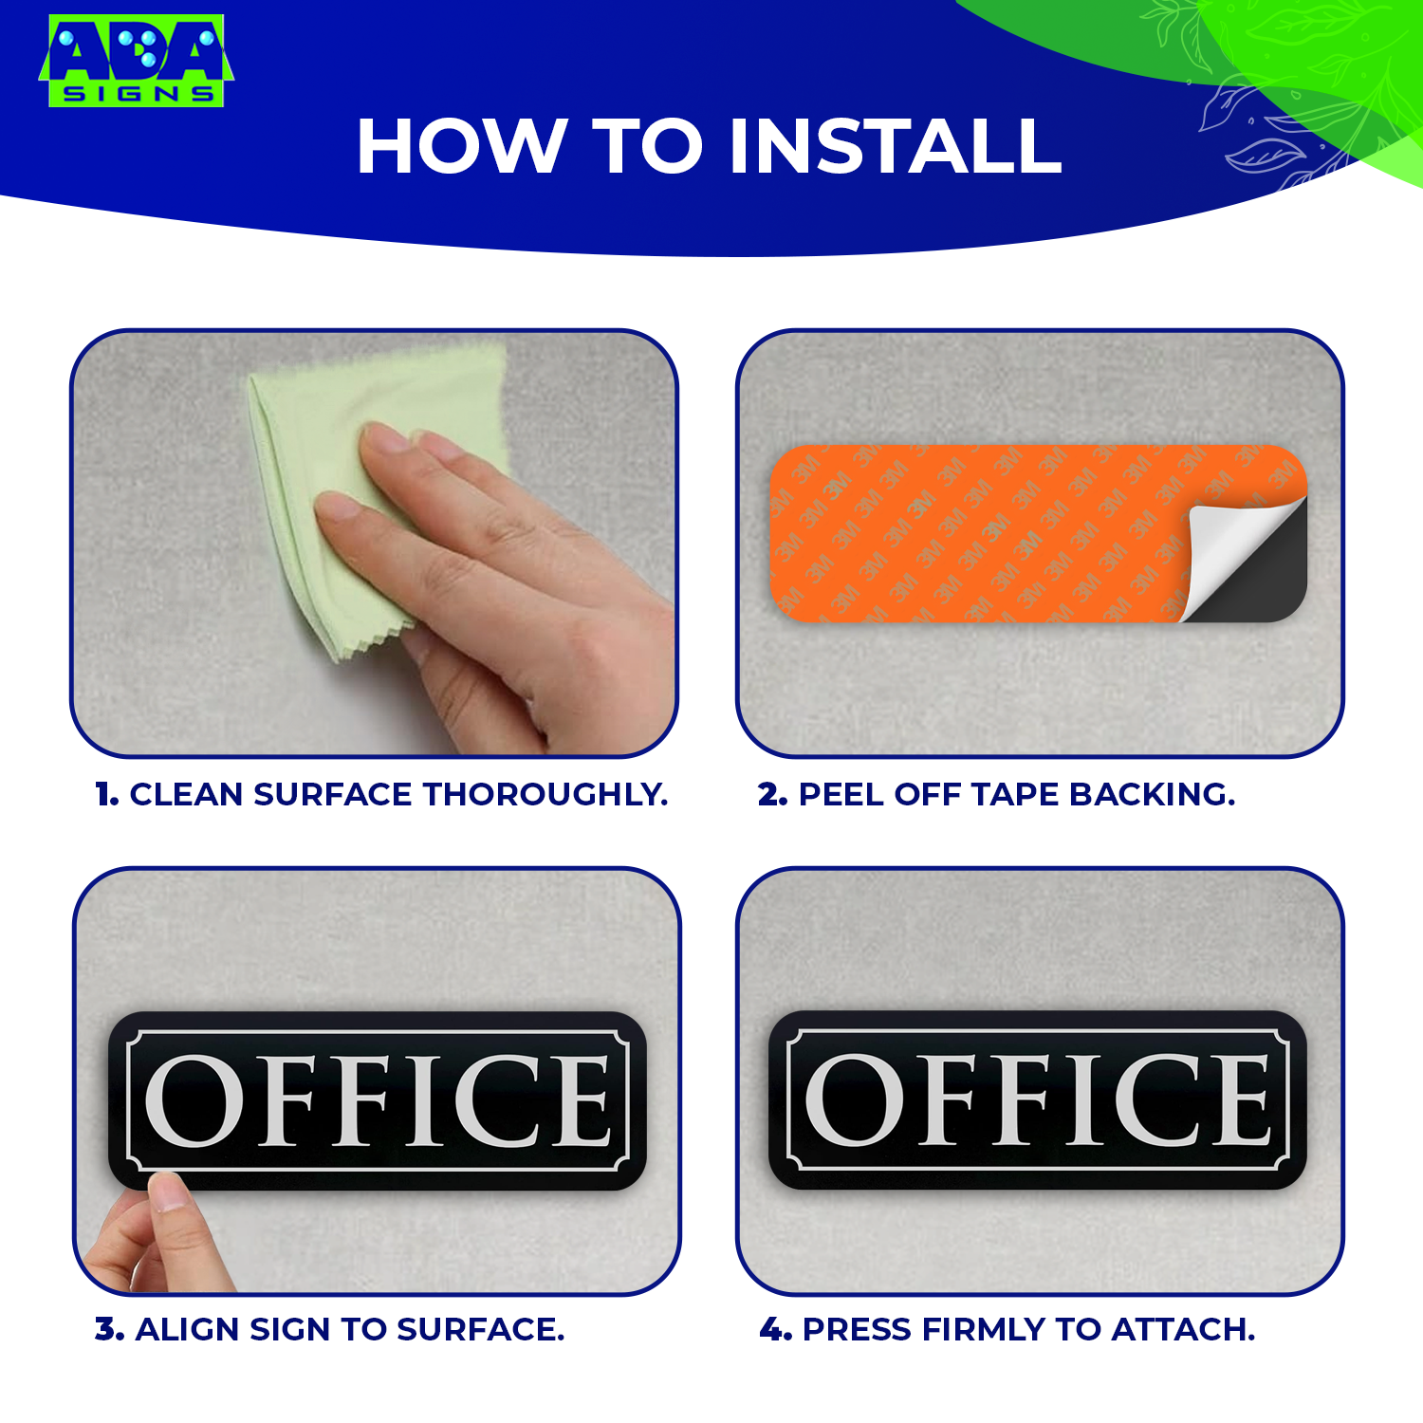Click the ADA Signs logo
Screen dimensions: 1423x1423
pyautogui.click(x=136, y=61)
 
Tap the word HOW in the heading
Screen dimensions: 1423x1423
pyautogui.click(x=461, y=147)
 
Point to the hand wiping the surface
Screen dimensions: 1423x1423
pyautogui.click(x=493, y=560)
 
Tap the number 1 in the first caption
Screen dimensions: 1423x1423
pyautogui.click(x=104, y=795)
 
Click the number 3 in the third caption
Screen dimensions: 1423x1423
pyautogui.click(x=108, y=1330)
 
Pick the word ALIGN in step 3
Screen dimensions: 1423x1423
pyautogui.click(x=188, y=1330)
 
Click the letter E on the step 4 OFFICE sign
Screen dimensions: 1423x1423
pyautogui.click(x=1238, y=1100)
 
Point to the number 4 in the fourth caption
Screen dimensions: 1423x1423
pyautogui.click(x=774, y=1330)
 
